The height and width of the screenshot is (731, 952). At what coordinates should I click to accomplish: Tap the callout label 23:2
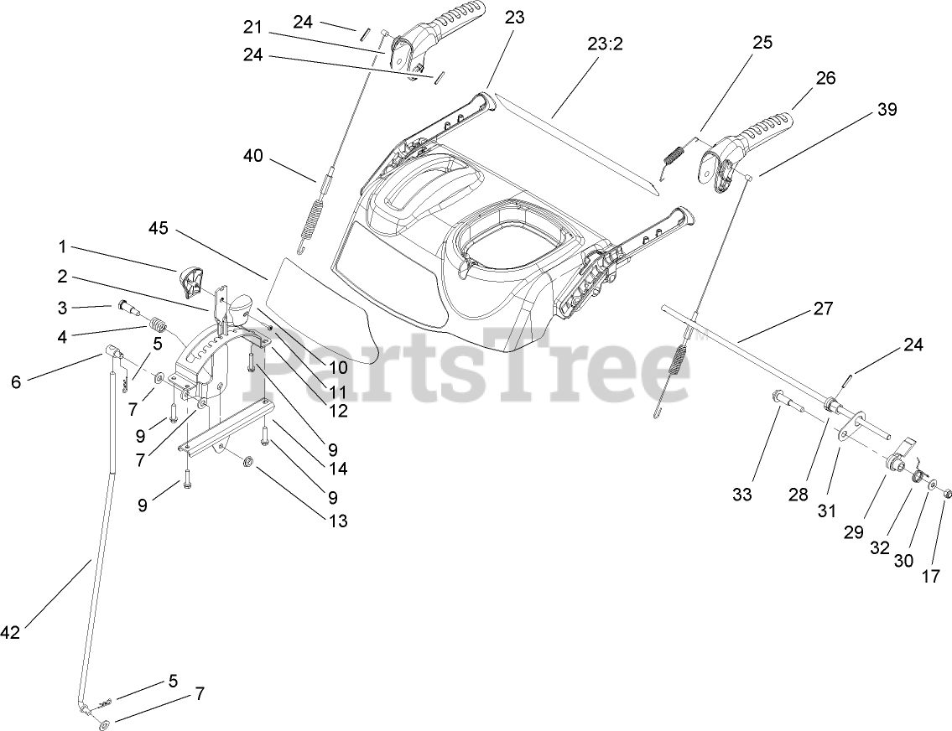click(605, 43)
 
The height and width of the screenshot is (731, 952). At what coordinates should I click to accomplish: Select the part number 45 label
click(159, 228)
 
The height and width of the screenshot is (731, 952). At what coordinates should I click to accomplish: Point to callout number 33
click(741, 495)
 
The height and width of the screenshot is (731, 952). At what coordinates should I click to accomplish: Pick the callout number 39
click(887, 110)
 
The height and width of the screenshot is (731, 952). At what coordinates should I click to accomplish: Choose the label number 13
click(337, 521)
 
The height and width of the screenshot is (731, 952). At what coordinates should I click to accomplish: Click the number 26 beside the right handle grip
click(825, 78)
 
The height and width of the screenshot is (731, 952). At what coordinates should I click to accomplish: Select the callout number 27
click(824, 308)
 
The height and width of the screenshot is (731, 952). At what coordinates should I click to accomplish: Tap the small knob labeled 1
click(192, 279)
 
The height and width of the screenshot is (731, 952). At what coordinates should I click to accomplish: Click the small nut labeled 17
click(947, 493)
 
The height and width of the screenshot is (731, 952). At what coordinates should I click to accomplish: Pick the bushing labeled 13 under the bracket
click(247, 462)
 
